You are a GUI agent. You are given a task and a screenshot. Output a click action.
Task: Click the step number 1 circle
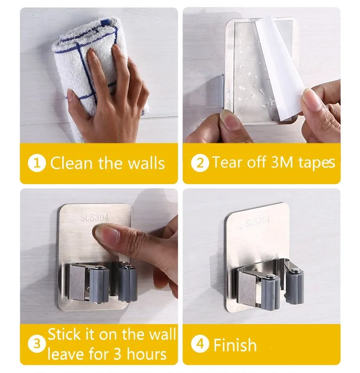point(37,163)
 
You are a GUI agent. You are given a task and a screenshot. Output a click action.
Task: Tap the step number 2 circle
point(200,163)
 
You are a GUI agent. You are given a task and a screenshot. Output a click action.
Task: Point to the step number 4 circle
point(200,345)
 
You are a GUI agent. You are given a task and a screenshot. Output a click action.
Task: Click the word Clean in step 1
point(72,163)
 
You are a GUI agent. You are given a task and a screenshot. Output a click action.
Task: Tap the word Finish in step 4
point(235,345)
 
